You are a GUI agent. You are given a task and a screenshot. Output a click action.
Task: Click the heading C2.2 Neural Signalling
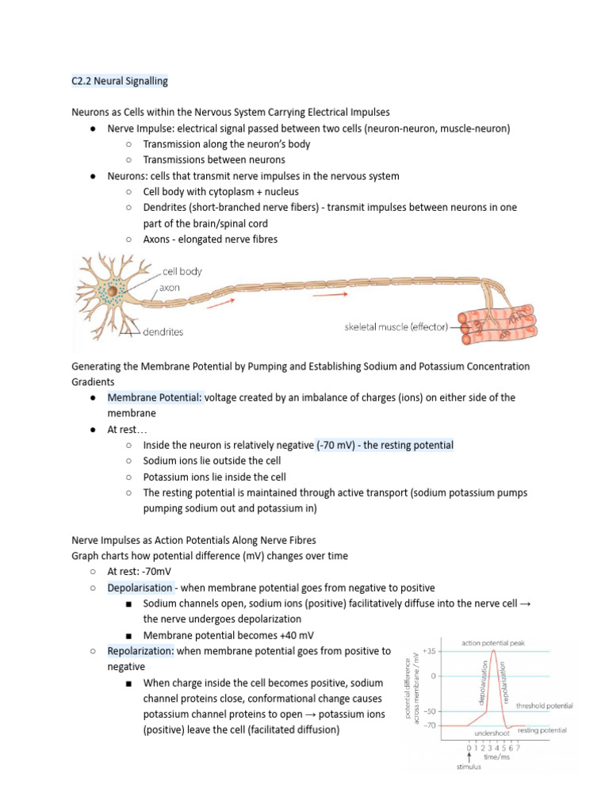click(120, 81)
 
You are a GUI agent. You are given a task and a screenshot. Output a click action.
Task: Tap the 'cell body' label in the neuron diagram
click(182, 271)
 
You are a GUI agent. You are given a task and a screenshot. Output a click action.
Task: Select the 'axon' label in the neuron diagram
click(169, 288)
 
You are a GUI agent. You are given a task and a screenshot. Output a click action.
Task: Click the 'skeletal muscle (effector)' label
click(396, 327)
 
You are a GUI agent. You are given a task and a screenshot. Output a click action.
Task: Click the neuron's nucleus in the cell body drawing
click(113, 293)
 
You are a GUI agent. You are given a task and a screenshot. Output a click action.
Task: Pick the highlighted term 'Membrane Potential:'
click(155, 397)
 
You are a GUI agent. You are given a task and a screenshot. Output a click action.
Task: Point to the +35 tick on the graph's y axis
click(429, 651)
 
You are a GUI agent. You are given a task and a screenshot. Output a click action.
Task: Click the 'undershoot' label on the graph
click(492, 733)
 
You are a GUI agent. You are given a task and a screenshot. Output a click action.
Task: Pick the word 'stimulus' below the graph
click(468, 767)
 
